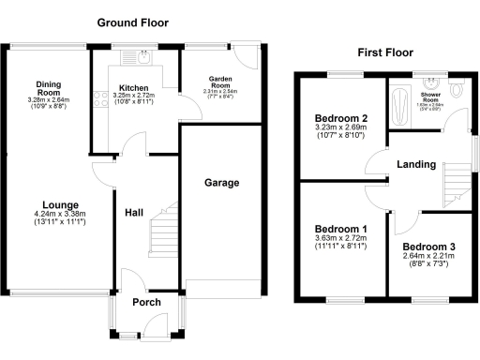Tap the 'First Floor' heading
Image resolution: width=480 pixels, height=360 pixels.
tap(384, 53)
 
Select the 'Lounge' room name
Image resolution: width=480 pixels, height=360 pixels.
tap(59, 204)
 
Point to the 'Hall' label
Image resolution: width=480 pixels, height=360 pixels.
tap(134, 213)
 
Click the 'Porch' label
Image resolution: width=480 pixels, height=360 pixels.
tap(146, 302)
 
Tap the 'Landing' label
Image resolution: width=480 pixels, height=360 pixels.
tap(416, 164)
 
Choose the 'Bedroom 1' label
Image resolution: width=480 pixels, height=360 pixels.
tap(340, 230)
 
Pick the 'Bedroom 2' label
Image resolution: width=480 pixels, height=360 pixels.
tap(339, 118)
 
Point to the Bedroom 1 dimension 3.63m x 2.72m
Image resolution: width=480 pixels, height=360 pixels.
tap(340, 239)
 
